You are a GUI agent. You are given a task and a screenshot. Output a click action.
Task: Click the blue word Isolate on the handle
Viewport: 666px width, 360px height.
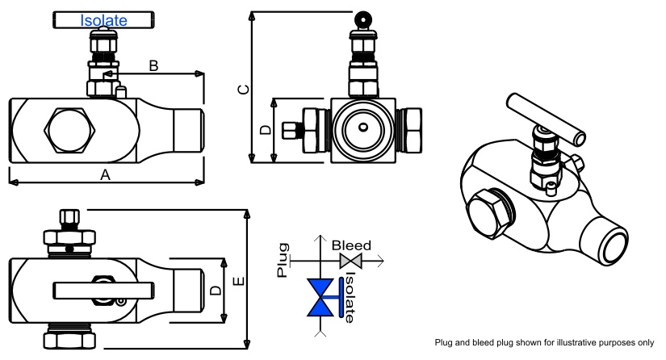click(x=103, y=20)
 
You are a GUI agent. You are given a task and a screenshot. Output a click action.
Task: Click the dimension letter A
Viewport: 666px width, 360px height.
click(x=104, y=174)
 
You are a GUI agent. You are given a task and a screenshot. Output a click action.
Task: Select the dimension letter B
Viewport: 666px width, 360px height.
click(x=153, y=65)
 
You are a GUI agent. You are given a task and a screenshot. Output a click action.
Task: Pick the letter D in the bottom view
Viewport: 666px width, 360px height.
click(x=214, y=289)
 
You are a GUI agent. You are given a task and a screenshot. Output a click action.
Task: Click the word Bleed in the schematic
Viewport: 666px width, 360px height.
click(x=351, y=245)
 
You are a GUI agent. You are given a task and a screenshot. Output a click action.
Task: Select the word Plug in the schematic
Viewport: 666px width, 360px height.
click(x=283, y=260)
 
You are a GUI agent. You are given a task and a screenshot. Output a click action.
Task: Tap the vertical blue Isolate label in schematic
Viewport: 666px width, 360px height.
click(x=349, y=296)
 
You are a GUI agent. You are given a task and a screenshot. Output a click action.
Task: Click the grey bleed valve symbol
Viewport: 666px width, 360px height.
click(x=351, y=261)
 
